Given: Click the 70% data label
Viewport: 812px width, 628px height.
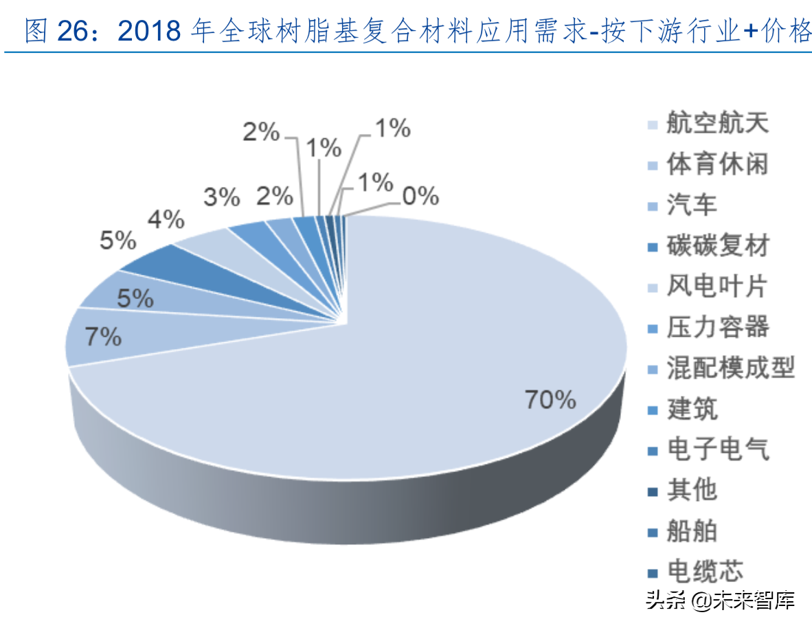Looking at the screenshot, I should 550,399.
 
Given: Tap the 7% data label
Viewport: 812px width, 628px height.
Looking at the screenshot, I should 104,337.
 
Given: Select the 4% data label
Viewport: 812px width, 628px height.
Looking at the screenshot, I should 166,220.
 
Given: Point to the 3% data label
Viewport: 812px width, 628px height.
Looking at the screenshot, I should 222,198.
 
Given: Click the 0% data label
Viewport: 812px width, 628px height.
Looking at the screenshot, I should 420,197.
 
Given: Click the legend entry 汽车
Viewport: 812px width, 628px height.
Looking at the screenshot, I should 692,205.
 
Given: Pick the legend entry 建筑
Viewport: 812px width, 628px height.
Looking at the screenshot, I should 692,409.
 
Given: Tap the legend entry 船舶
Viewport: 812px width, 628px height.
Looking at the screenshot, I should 692,530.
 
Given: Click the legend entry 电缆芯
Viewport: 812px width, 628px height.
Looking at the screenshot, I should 705,572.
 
